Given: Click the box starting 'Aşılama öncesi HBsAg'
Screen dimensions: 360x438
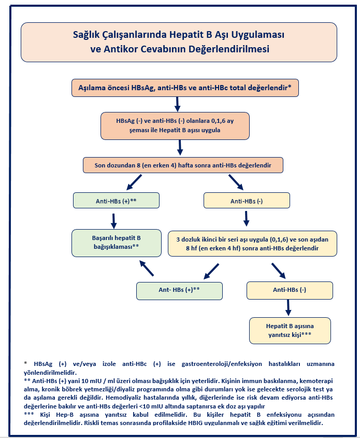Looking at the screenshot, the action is (x=185, y=88).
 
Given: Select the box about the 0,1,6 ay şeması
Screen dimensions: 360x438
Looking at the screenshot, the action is (x=175, y=126).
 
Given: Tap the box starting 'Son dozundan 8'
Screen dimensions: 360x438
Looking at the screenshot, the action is (x=183, y=165).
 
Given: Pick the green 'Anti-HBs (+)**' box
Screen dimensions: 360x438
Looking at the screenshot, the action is (x=116, y=201).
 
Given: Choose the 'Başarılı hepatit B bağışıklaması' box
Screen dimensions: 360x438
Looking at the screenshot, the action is (x=117, y=243).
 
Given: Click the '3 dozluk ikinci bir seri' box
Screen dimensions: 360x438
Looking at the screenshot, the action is (x=252, y=244).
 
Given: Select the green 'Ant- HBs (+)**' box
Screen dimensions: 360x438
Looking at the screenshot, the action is (x=179, y=291).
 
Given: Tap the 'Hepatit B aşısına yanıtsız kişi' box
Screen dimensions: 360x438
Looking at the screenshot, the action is (x=290, y=331).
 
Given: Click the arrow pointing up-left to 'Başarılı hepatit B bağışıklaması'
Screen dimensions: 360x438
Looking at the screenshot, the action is (x=147, y=269).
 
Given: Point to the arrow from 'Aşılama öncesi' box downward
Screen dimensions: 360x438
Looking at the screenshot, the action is (x=177, y=104).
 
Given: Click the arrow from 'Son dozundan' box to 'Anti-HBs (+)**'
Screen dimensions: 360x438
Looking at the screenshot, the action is (x=134, y=182).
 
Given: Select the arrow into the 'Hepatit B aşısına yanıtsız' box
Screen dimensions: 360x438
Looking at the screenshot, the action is (x=289, y=308).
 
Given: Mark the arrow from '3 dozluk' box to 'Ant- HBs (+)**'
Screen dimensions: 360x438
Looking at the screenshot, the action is (x=211, y=271).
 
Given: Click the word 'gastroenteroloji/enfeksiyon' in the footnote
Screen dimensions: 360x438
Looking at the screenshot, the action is (x=222, y=364).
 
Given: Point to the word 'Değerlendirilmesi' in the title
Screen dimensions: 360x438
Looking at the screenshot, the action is (x=229, y=49).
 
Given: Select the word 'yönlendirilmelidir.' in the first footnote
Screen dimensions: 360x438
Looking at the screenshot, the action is (x=50, y=373).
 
